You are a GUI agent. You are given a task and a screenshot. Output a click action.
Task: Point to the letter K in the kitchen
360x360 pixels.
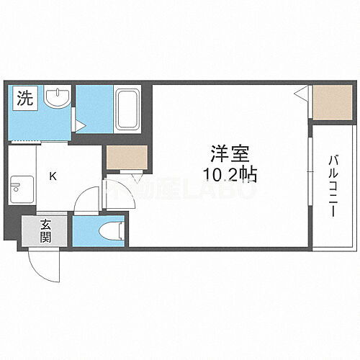53,175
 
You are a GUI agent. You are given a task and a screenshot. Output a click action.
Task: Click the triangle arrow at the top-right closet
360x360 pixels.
303,93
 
